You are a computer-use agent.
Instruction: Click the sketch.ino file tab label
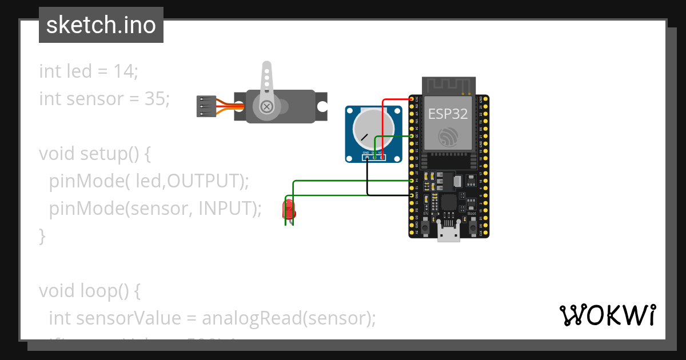click(x=101, y=25)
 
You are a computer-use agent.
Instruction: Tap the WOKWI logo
click(x=607, y=315)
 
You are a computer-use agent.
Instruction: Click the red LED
click(x=289, y=210)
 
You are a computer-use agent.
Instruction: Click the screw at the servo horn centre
click(x=266, y=106)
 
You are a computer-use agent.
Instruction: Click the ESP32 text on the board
click(x=448, y=113)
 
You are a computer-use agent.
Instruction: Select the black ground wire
click(x=389, y=195)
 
